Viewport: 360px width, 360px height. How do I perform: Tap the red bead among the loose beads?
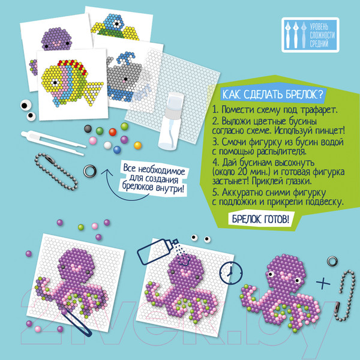coord(113,132)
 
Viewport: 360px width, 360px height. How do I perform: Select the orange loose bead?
coord(137,145)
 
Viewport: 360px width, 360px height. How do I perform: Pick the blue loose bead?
coord(117,149)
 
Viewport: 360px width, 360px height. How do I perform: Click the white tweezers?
coord(53,142)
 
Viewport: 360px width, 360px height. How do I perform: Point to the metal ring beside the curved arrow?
coord(90,171)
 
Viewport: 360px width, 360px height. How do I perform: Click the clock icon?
coord(230,273)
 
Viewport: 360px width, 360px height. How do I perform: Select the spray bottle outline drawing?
coord(157,251)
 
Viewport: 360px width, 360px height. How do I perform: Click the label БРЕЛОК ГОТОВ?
coord(260,219)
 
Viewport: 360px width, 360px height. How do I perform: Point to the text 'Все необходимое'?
coord(154,169)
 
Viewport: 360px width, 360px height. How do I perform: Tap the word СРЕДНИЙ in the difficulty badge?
coord(319,43)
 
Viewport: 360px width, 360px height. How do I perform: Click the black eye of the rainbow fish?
coord(55,82)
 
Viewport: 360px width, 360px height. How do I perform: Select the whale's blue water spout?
coord(125,58)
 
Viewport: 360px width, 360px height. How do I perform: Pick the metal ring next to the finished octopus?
coord(332,261)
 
